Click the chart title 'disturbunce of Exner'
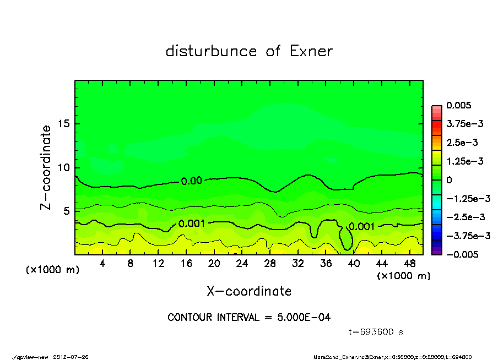(x=249, y=52)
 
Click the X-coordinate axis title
(x=249, y=291)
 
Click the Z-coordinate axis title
(x=46, y=167)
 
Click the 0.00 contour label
(x=192, y=181)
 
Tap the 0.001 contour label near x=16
(x=192, y=223)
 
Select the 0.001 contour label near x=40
(x=362, y=226)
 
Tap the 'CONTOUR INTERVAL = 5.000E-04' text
(x=249, y=318)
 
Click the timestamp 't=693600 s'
(x=377, y=332)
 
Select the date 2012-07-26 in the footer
(x=71, y=356)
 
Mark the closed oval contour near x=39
(x=345, y=238)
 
